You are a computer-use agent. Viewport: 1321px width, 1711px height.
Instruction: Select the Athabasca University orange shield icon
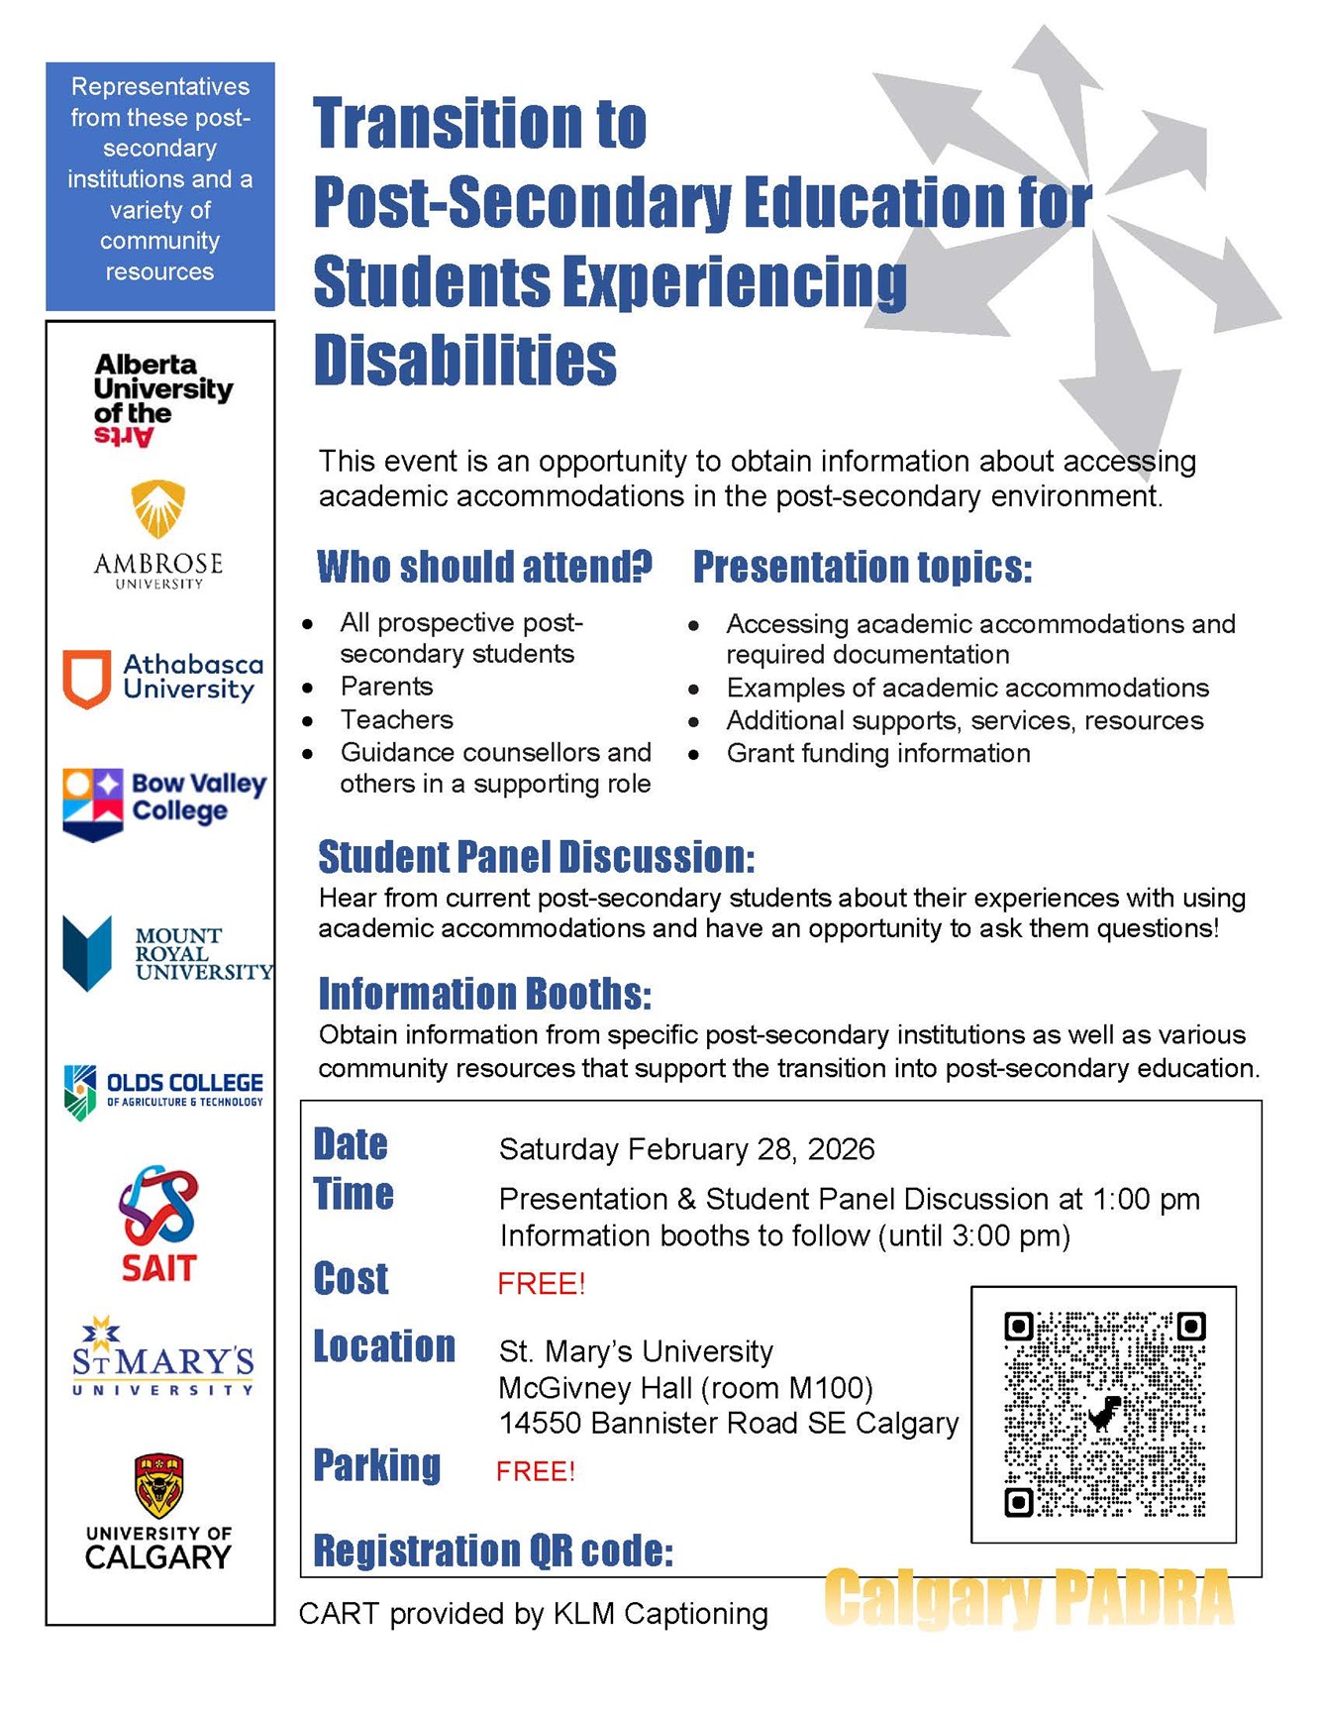[x=86, y=679]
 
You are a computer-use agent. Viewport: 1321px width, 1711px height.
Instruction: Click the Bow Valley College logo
[x=164, y=803]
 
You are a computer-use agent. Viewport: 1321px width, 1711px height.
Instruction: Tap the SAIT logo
[x=158, y=1224]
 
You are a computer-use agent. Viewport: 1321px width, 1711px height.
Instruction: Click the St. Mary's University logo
[x=162, y=1357]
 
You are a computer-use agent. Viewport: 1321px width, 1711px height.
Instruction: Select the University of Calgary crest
[x=158, y=1485]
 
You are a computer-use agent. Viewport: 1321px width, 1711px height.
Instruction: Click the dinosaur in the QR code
[x=1104, y=1414]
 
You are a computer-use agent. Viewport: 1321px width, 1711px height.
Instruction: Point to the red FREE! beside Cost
[x=541, y=1284]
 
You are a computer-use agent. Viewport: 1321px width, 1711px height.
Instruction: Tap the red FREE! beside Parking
[x=535, y=1471]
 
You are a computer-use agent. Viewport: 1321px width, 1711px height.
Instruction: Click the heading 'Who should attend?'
[x=484, y=568]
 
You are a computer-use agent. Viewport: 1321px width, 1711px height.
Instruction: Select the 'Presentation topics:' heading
[x=862, y=568]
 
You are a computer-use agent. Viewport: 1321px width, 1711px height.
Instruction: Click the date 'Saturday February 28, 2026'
[x=686, y=1149]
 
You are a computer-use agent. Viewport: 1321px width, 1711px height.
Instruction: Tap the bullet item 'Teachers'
[x=396, y=719]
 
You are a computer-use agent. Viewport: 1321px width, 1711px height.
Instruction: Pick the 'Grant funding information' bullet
[x=877, y=754]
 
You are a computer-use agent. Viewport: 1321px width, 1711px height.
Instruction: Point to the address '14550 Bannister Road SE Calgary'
[x=728, y=1424]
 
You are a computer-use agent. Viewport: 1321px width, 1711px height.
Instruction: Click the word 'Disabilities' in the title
[x=464, y=360]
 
